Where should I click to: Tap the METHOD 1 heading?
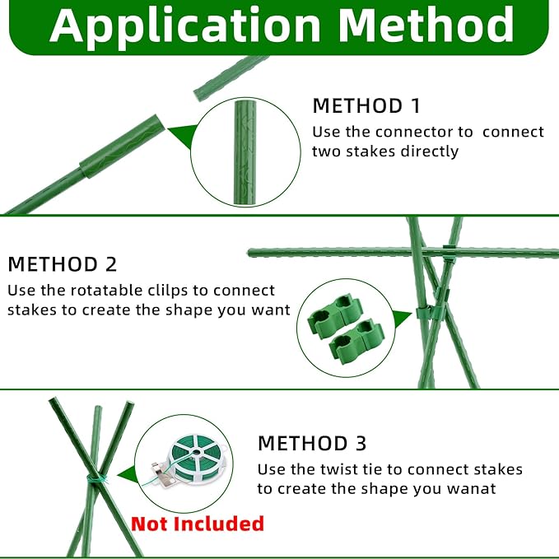click(x=366, y=106)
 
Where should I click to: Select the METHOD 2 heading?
click(x=63, y=264)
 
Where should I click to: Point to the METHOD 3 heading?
click(x=312, y=443)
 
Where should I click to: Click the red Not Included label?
click(x=198, y=524)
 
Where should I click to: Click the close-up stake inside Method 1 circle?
click(x=245, y=152)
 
